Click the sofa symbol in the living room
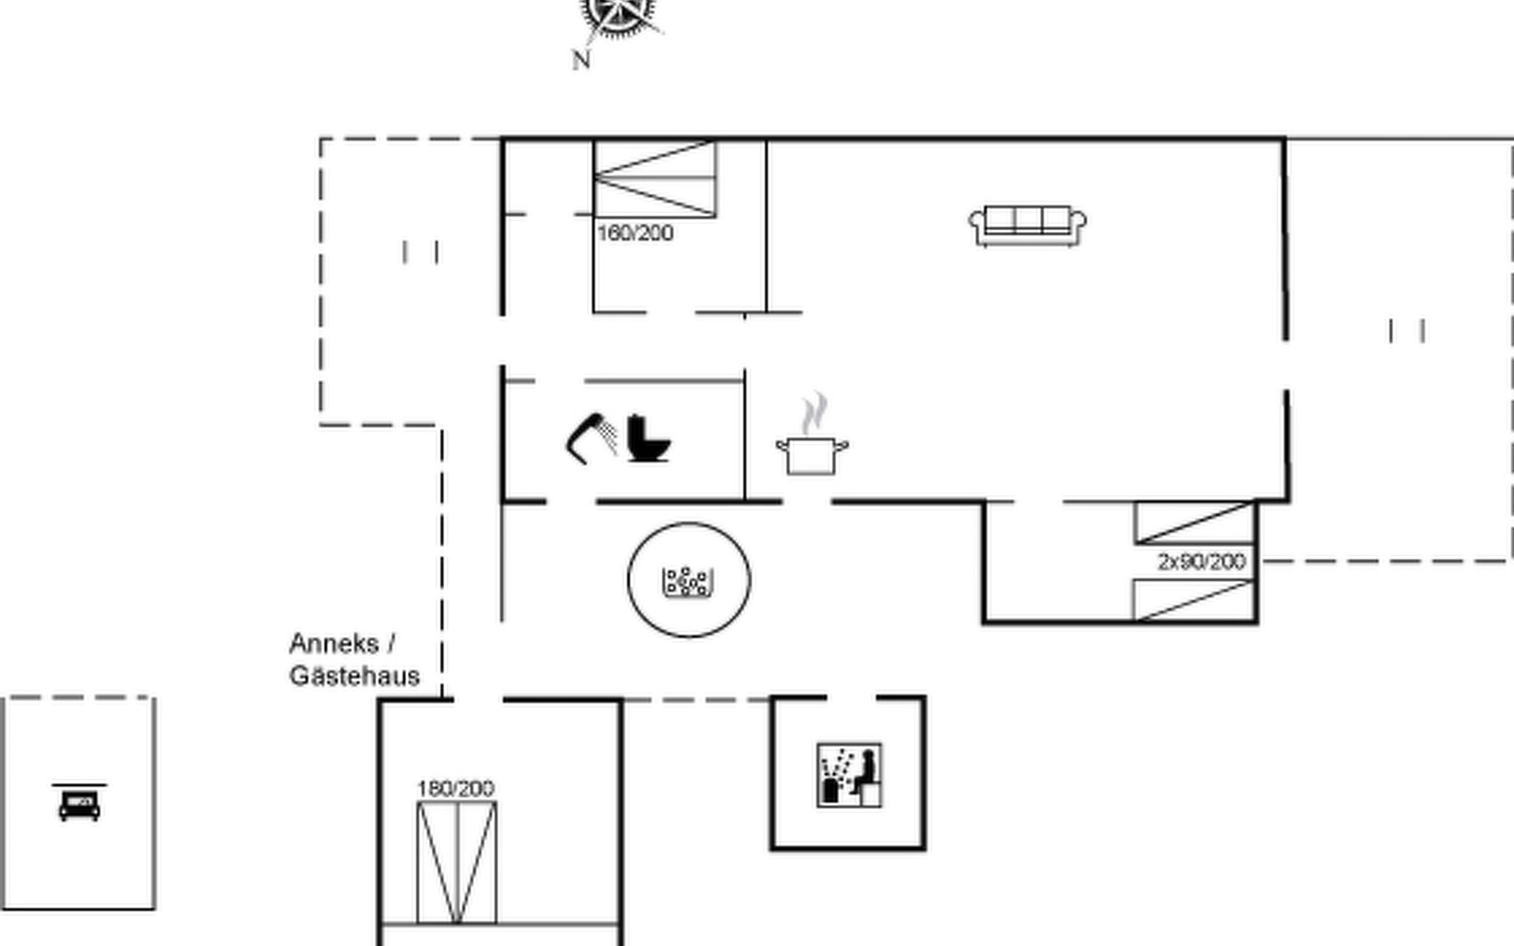(1027, 226)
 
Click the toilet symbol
(648, 438)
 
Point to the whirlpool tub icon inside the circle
(688, 582)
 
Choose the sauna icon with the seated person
(849, 775)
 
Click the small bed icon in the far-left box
(80, 803)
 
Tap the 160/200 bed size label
(636, 233)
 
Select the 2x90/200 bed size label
(1202, 562)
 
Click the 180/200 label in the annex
(456, 788)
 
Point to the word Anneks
(334, 644)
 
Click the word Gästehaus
(355, 676)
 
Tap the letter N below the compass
(581, 60)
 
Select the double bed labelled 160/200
(655, 179)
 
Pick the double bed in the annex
(457, 862)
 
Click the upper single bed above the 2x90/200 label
(1195, 523)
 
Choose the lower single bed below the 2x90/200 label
(1194, 600)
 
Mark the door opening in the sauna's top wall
(852, 698)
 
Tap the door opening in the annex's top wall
(478, 699)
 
